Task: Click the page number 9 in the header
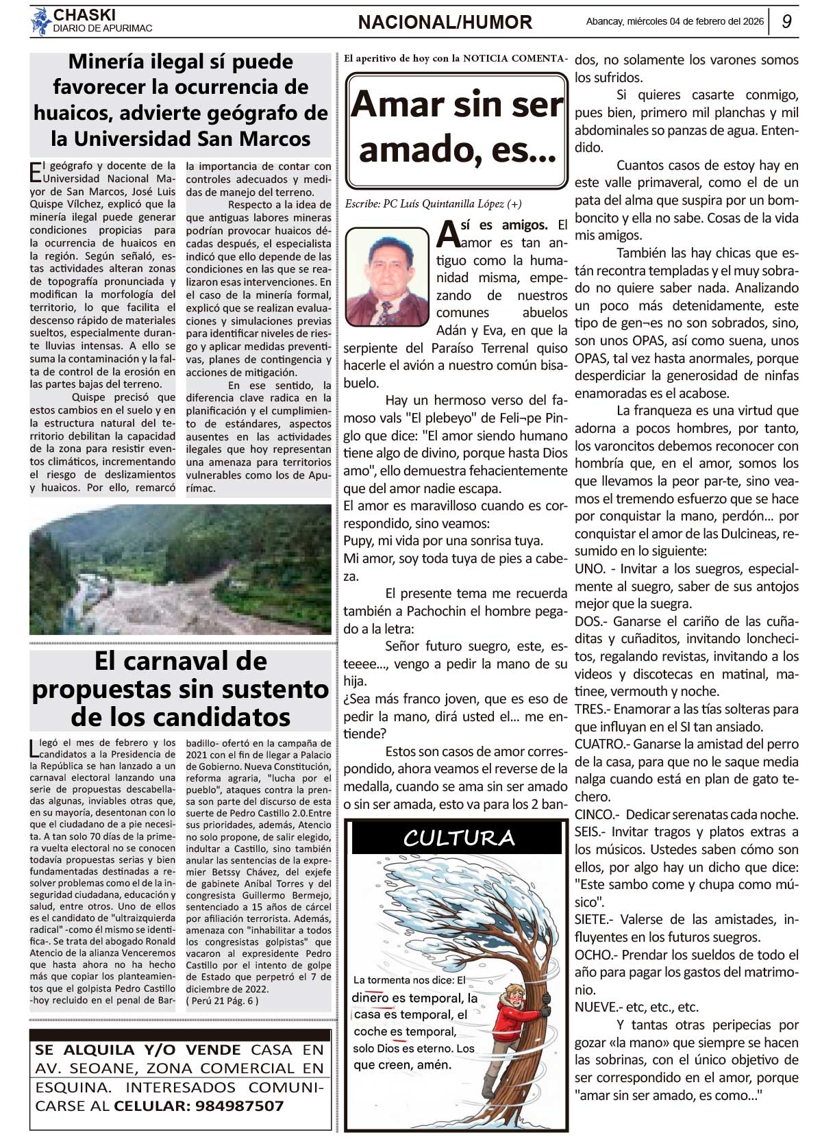click(x=786, y=22)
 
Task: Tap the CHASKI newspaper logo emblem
click(x=40, y=21)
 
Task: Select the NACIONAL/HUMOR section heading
click(x=445, y=23)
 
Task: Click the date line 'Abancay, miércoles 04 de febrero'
click(x=674, y=22)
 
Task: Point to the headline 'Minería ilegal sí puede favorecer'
click(x=181, y=100)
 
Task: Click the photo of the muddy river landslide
click(x=180, y=570)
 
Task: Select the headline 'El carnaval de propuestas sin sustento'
click(x=181, y=689)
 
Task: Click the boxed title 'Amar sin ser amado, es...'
click(x=457, y=130)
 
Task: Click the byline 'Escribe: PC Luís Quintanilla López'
click(x=433, y=204)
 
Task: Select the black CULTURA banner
click(x=458, y=838)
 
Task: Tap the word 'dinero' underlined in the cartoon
click(x=370, y=998)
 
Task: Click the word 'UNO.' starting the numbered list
click(x=590, y=569)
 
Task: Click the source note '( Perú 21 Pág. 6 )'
click(x=222, y=1001)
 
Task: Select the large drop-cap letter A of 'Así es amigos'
click(x=447, y=233)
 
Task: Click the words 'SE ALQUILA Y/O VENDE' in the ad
click(x=138, y=1050)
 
